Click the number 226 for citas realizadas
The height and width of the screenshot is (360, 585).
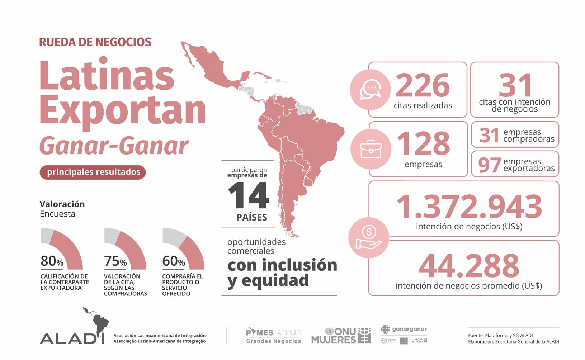tap(423, 85)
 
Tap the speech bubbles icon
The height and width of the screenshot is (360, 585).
tap(370, 90)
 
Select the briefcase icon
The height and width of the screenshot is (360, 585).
tap(371, 149)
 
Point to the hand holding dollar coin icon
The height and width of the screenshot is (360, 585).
tap(369, 237)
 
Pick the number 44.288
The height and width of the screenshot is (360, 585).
tap(469, 266)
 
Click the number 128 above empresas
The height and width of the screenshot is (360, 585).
tap(423, 143)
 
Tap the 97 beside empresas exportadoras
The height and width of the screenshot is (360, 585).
tap(489, 165)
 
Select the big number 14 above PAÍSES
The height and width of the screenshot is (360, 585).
tap(248, 196)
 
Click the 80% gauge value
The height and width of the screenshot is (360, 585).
tap(52, 261)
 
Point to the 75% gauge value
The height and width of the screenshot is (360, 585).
tap(115, 261)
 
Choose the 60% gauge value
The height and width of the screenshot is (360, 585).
tap(174, 261)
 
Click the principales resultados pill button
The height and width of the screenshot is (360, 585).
tap(93, 172)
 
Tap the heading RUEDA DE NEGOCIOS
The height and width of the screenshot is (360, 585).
tap(95, 42)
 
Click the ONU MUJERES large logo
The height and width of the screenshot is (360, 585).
tap(341, 336)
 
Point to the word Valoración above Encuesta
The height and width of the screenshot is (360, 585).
tap(62, 204)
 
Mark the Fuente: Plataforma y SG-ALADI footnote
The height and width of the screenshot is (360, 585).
tap(500, 335)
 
